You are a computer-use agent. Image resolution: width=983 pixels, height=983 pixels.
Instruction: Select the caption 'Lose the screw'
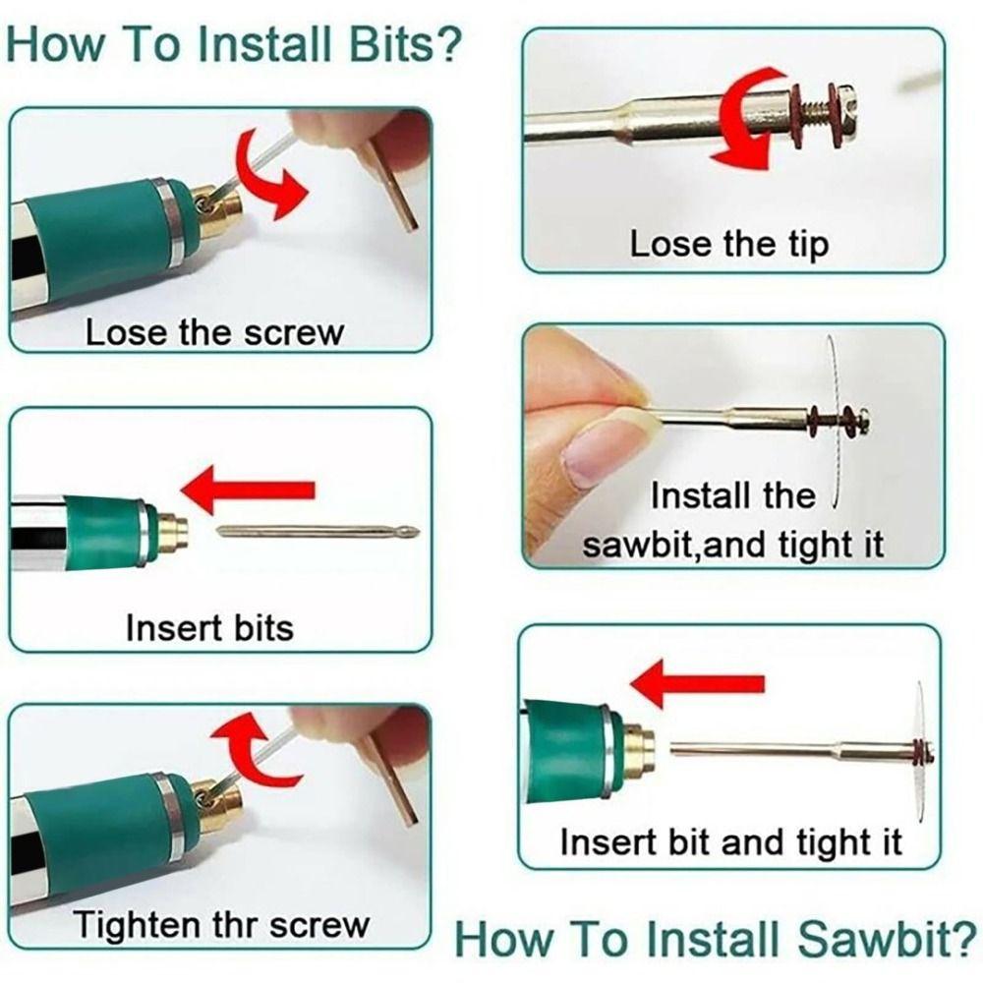point(214,331)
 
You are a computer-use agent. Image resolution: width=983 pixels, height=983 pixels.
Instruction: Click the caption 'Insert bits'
point(209,627)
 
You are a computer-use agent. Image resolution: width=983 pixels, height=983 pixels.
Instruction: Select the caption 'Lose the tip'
point(728,244)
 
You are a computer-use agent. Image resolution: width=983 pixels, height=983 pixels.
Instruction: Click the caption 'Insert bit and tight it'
point(730,842)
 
